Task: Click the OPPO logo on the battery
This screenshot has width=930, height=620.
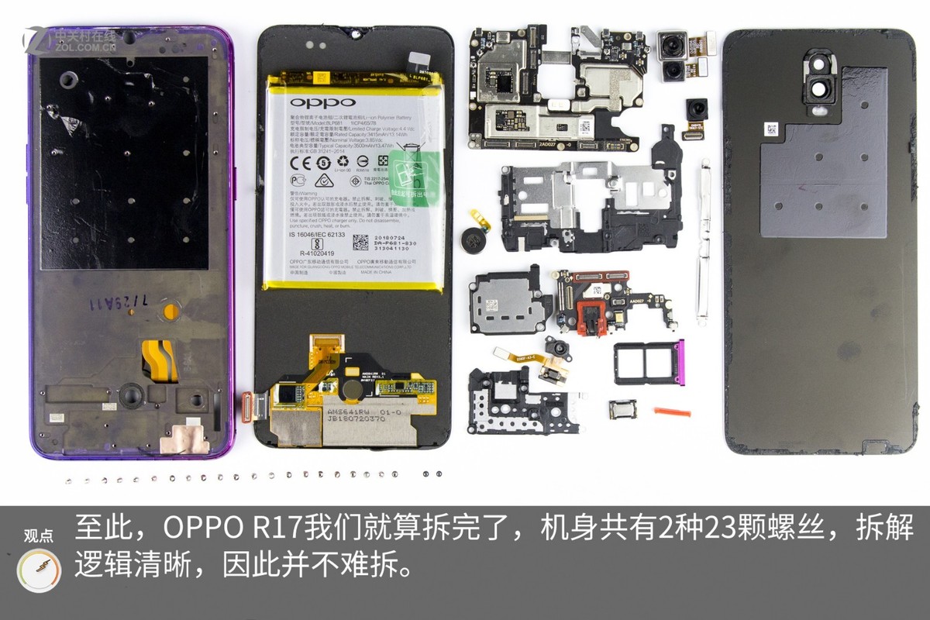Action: pyautogui.click(x=323, y=102)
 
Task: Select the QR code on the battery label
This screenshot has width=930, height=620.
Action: pyautogui.click(x=361, y=243)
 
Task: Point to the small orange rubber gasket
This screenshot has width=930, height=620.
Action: pyautogui.click(x=671, y=411)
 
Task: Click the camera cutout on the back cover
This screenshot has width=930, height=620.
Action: pyautogui.click(x=821, y=88)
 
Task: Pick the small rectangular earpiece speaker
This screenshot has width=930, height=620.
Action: pyautogui.click(x=620, y=408)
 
